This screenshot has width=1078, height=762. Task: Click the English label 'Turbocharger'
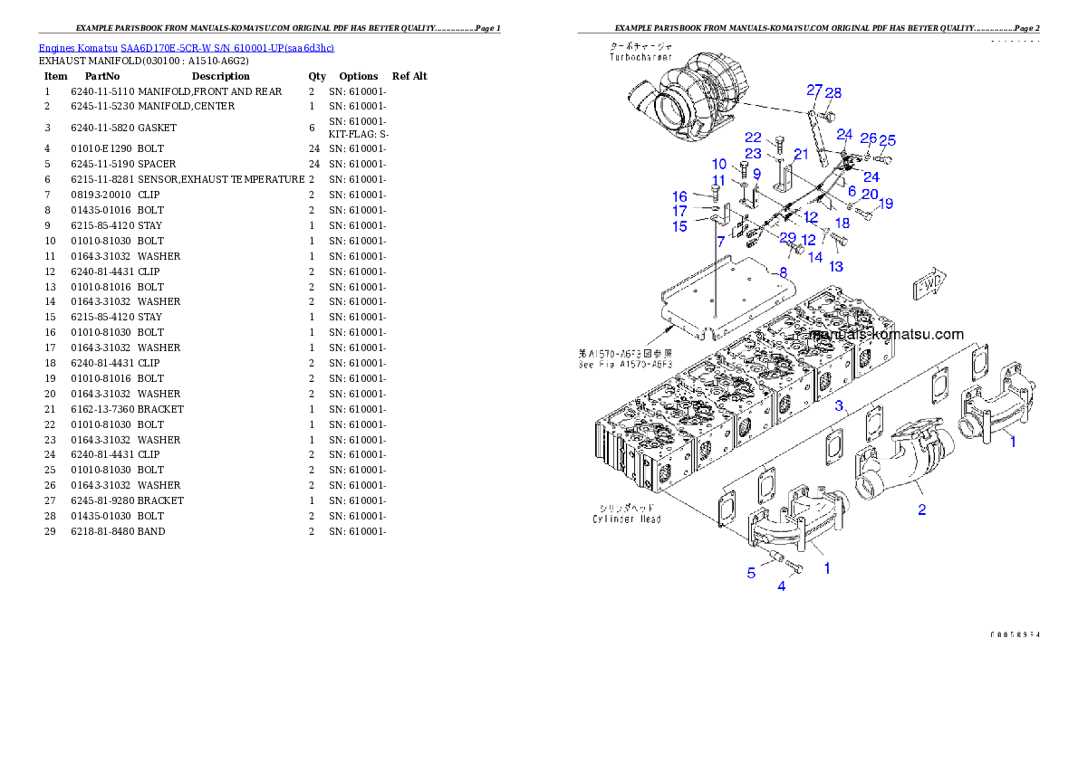pyautogui.click(x=640, y=56)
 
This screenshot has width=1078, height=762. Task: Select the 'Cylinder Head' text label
pyautogui.click(x=627, y=519)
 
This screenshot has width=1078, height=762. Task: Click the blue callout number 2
pyautogui.click(x=921, y=510)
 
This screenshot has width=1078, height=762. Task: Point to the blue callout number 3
pyautogui.click(x=840, y=405)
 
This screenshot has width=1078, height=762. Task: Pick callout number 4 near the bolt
pyautogui.click(x=782, y=586)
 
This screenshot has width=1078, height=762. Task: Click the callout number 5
pyautogui.click(x=751, y=572)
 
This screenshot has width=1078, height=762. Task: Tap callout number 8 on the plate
pyautogui.click(x=783, y=271)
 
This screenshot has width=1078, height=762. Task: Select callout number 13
pyautogui.click(x=835, y=266)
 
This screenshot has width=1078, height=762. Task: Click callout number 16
pyautogui.click(x=679, y=196)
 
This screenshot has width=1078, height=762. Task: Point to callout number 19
pyautogui.click(x=885, y=204)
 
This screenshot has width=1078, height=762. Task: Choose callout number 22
pyautogui.click(x=753, y=138)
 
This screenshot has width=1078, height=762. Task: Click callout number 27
pyautogui.click(x=814, y=90)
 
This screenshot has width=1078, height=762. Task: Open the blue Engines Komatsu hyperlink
pyautogui.click(x=186, y=47)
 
